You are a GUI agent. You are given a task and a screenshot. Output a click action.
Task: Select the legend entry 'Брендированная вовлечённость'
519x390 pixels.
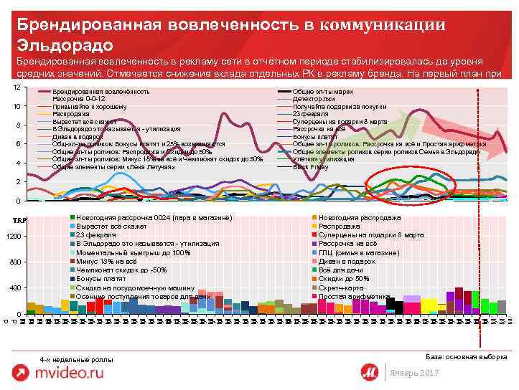tap(101, 92)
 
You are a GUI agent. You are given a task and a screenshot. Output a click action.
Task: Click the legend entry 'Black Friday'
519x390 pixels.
tap(310, 167)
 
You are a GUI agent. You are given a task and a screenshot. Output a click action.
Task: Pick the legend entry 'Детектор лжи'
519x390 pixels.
tap(314, 99)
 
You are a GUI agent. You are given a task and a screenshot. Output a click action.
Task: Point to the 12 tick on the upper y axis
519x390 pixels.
tap(17, 87)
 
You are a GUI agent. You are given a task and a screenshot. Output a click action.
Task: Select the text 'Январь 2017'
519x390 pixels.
tap(412, 375)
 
